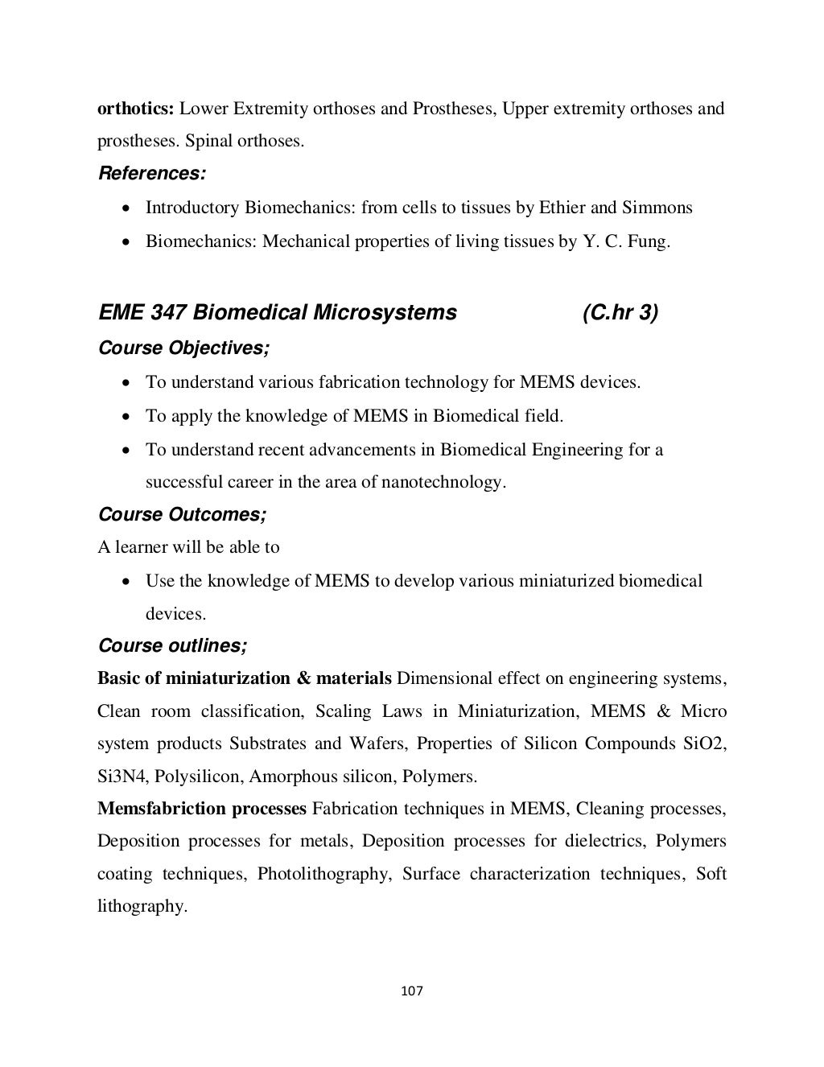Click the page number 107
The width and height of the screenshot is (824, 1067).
pyautogui.click(x=411, y=991)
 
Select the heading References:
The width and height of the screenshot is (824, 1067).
pyautogui.click(x=151, y=173)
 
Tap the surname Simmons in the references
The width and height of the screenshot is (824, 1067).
pyautogui.click(x=657, y=208)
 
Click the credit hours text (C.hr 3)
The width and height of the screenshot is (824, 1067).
pyautogui.click(x=619, y=312)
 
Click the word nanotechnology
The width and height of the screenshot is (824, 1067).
pyautogui.click(x=447, y=483)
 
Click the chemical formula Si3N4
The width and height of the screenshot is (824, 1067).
pyautogui.click(x=122, y=777)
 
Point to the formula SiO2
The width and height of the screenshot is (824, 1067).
pyautogui.click(x=704, y=744)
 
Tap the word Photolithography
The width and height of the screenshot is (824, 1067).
pyautogui.click(x=323, y=874)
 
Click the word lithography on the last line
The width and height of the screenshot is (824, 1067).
pyautogui.click(x=142, y=907)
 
